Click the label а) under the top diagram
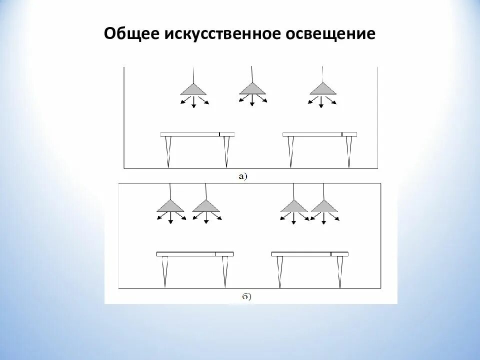click(243, 176)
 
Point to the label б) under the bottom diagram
click(246, 296)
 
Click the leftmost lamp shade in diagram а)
click(193, 90)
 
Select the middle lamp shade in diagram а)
click(252, 89)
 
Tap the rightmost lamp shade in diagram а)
click(323, 89)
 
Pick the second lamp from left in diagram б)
click(206, 205)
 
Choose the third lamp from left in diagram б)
click(294, 205)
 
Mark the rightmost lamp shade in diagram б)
click(324, 205)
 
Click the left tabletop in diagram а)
click(197, 134)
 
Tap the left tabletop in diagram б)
click(194, 254)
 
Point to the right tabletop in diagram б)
click(310, 254)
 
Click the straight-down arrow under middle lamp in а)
click(252, 100)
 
